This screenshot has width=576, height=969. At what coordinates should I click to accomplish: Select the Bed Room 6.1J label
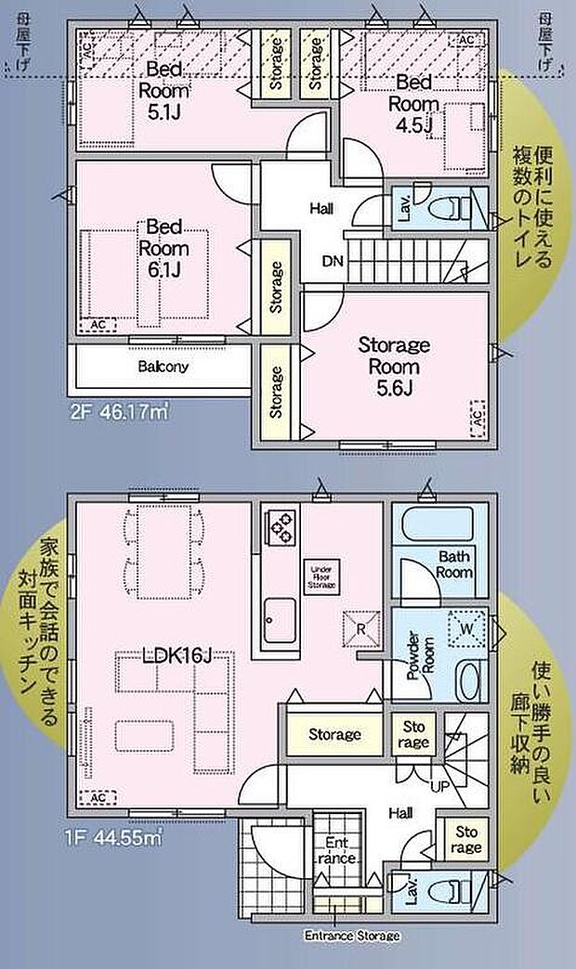pyautogui.click(x=164, y=249)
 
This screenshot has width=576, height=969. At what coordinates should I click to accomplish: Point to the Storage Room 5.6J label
pyautogui.click(x=394, y=367)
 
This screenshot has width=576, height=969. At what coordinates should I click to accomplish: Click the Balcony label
pyautogui.click(x=164, y=367)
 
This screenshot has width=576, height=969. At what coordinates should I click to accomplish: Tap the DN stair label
pyautogui.click(x=334, y=261)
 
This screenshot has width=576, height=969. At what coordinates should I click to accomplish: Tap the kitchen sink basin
pyautogui.click(x=280, y=615)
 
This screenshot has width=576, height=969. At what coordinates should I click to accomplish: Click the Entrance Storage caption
pyautogui.click(x=352, y=936)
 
